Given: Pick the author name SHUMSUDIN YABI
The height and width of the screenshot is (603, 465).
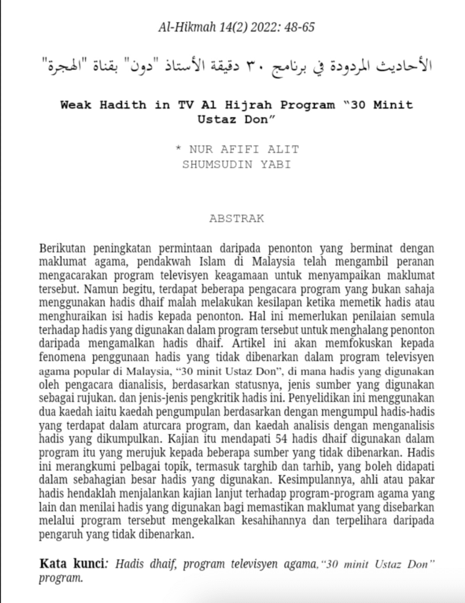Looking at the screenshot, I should pos(237,164).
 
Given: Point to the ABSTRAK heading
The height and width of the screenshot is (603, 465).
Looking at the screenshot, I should pos(236,218).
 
